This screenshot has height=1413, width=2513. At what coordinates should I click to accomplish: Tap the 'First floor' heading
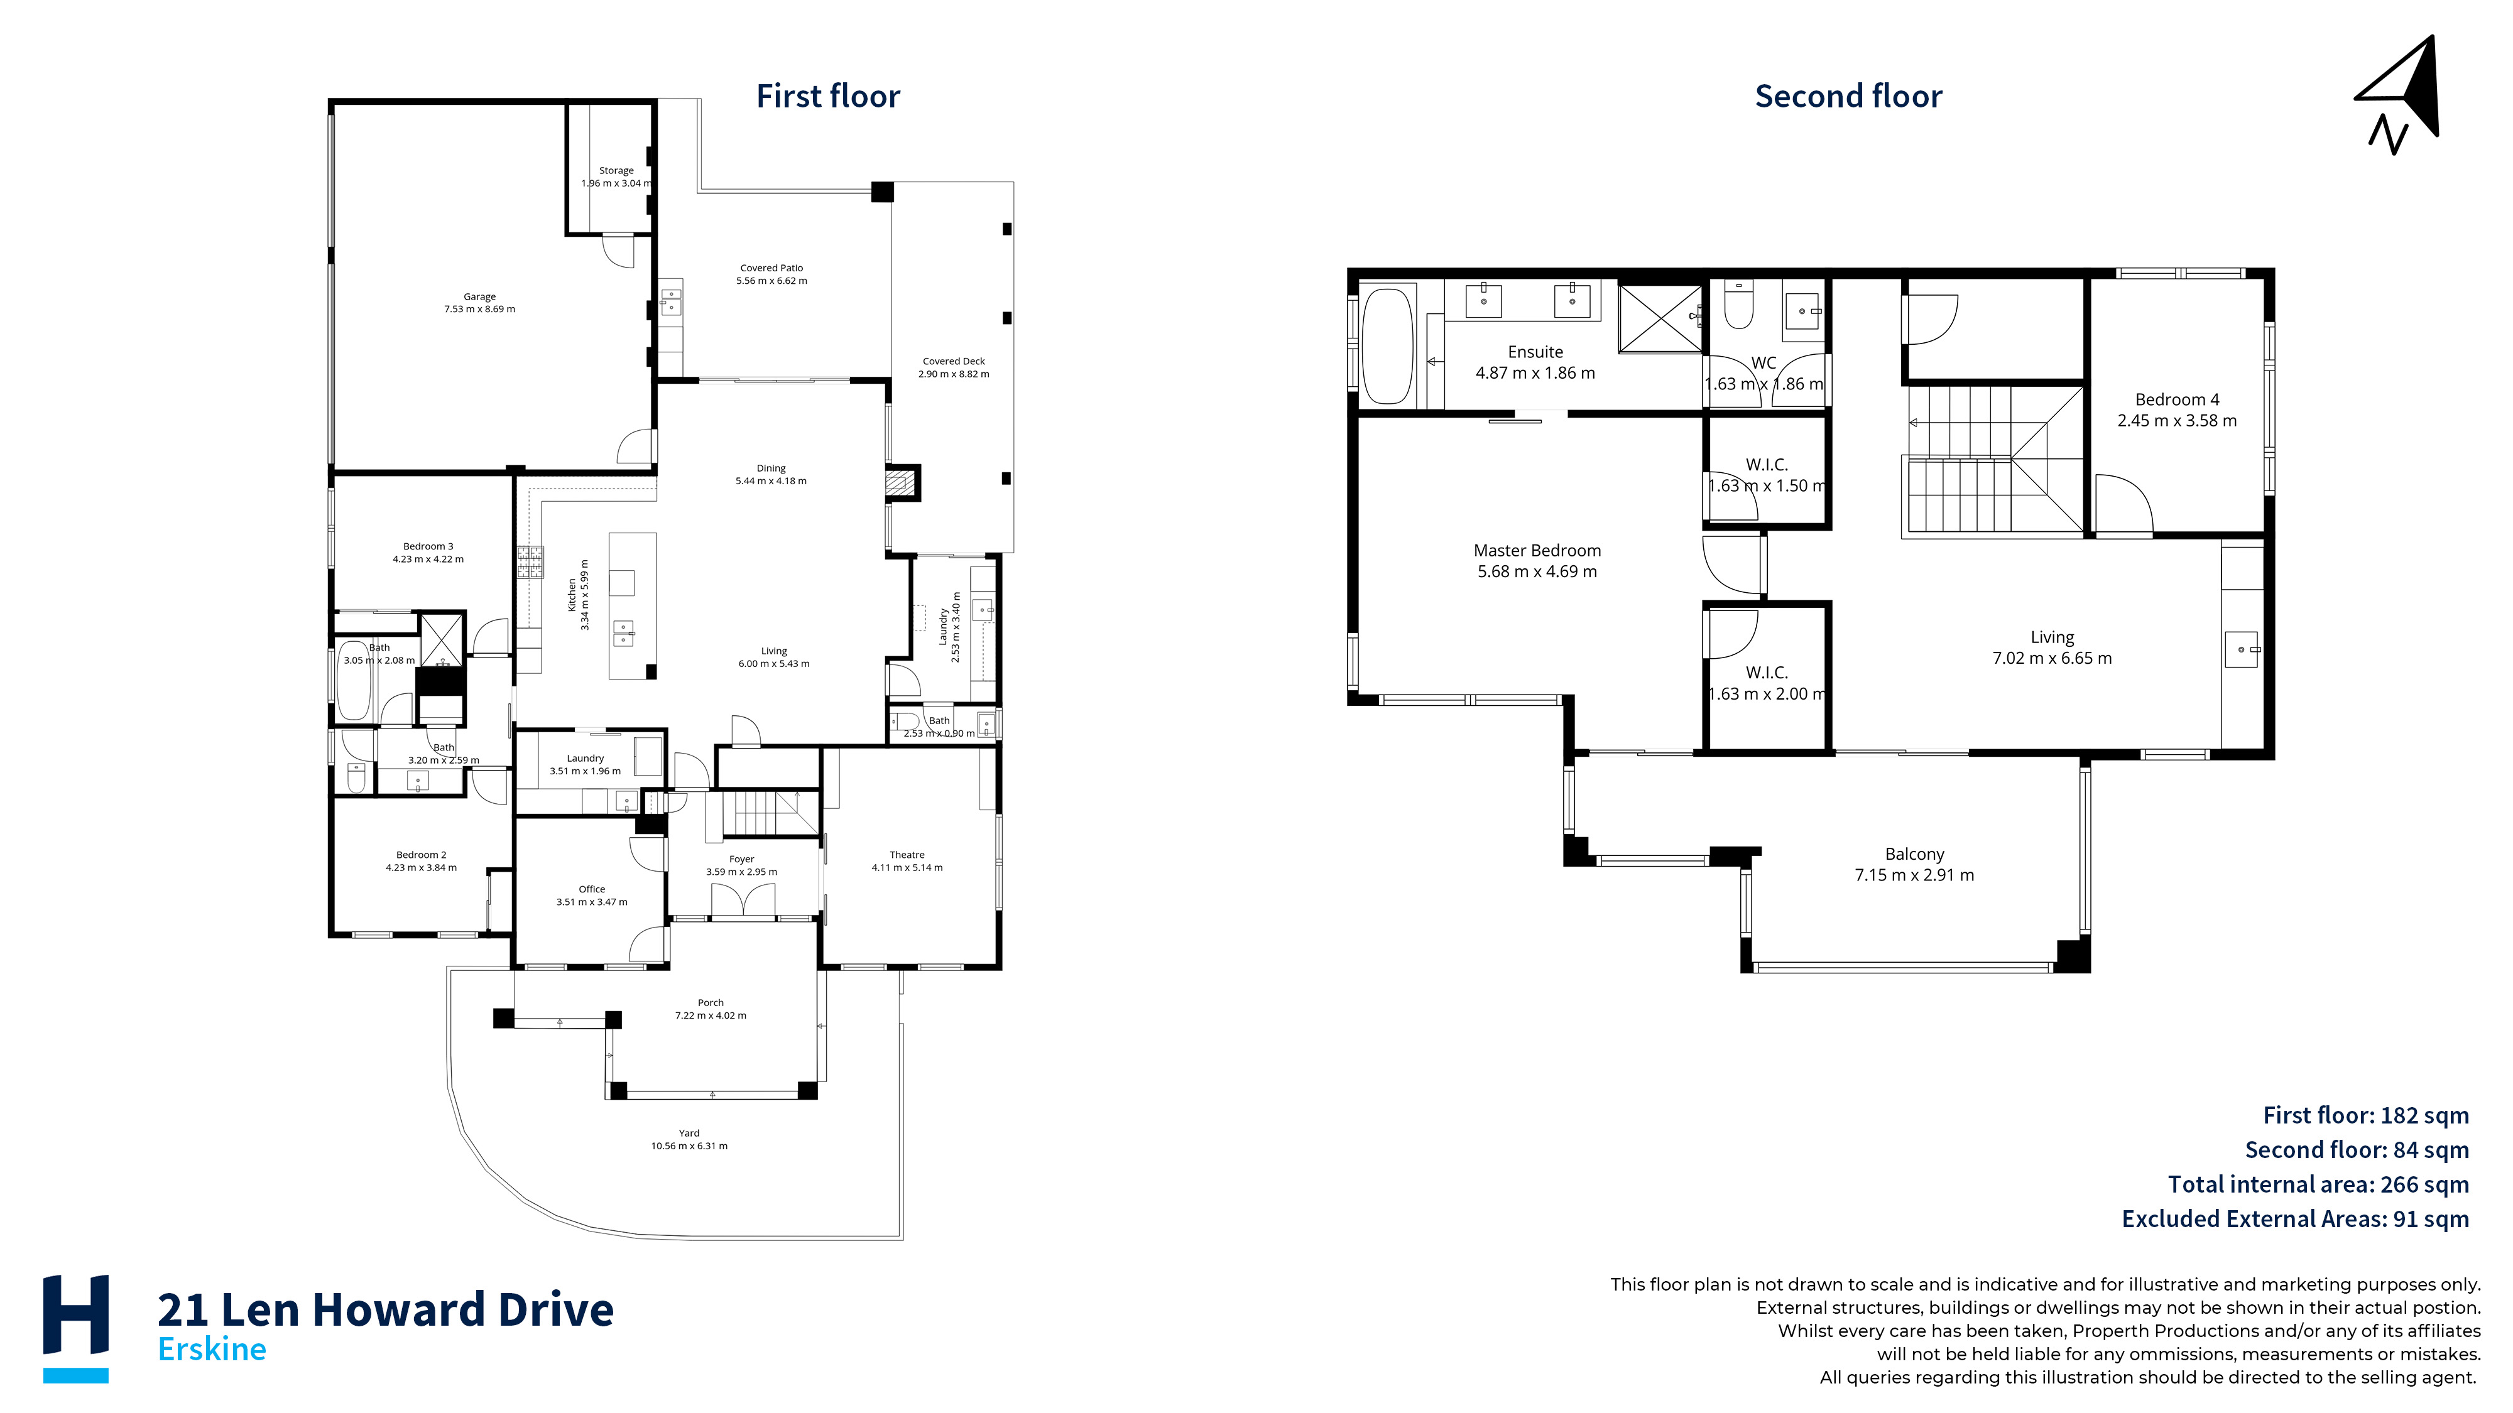tap(828, 97)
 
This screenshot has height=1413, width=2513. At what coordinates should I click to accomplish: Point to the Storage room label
tap(616, 176)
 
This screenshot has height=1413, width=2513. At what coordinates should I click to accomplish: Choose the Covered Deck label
tap(954, 367)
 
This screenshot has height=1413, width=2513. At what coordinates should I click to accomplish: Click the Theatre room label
tap(907, 861)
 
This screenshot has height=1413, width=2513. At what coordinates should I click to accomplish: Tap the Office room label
tap(592, 895)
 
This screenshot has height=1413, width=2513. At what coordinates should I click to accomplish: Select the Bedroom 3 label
tap(428, 553)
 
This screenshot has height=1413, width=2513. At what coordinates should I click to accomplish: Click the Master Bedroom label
tap(1537, 561)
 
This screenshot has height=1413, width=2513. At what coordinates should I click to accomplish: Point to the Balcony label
tap(1915, 864)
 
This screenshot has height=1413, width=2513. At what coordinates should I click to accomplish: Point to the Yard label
tap(690, 1139)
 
